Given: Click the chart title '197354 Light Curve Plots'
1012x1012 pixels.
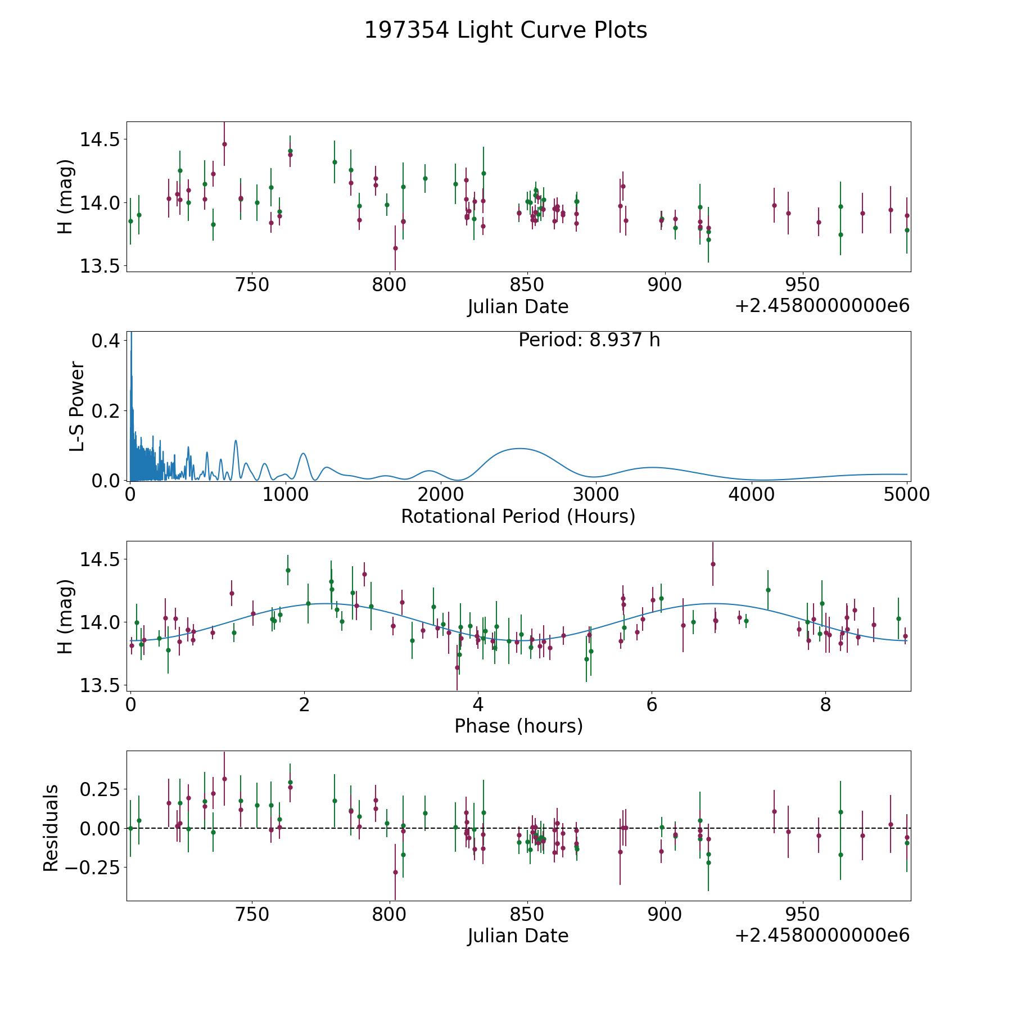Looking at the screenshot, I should point(505,30).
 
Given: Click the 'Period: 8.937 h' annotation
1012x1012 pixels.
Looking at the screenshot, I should point(589,340).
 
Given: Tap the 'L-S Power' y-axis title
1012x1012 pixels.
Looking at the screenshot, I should point(77,406).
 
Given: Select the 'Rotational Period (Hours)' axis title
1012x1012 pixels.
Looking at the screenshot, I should point(518,516).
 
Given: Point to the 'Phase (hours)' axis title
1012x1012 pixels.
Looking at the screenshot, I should point(518,726).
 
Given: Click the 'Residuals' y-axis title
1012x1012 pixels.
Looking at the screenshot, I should point(51,828).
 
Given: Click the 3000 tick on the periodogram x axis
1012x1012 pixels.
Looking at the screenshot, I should point(595,495).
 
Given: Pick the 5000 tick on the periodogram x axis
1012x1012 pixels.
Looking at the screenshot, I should point(906,495).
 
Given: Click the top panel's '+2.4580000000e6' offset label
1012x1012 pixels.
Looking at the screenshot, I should point(822,306).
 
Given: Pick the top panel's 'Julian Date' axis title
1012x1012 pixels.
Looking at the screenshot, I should point(518,307).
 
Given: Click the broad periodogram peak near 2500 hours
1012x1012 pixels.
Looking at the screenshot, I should point(519,449).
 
